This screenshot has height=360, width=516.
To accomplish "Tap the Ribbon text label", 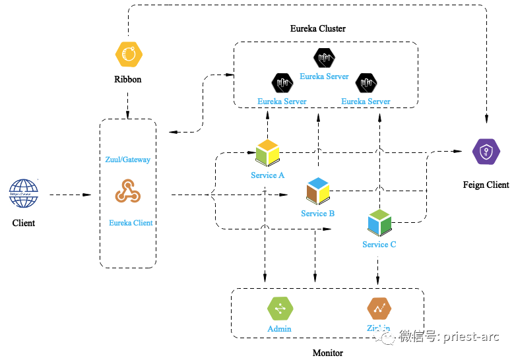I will [127, 80].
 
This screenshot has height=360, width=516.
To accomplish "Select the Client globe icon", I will [24, 193].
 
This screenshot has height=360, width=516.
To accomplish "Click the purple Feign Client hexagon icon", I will [486, 152].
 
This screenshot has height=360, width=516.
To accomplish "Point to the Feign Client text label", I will [486, 185].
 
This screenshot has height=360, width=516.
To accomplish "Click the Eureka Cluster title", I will [318, 29].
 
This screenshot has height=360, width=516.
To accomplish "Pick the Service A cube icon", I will [267, 153].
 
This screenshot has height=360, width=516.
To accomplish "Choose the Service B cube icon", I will [318, 191].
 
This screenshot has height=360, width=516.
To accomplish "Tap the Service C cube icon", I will [380, 223].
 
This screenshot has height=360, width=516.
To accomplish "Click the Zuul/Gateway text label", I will [128, 160].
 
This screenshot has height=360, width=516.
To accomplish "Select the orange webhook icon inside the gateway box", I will [128, 191].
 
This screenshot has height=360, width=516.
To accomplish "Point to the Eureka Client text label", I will [131, 223].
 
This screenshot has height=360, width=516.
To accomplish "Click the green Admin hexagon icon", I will [279, 308].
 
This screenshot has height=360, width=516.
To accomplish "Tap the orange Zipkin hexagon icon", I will [379, 308].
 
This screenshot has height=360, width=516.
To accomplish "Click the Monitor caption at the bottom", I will [328, 353].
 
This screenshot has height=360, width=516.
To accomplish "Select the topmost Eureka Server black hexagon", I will [324, 59].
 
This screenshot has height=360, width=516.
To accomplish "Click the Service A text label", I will [268, 175].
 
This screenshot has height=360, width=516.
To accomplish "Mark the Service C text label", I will [379, 245].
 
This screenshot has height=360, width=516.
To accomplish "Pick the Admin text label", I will [279, 329].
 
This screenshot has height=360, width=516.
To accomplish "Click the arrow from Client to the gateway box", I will [70, 195].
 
